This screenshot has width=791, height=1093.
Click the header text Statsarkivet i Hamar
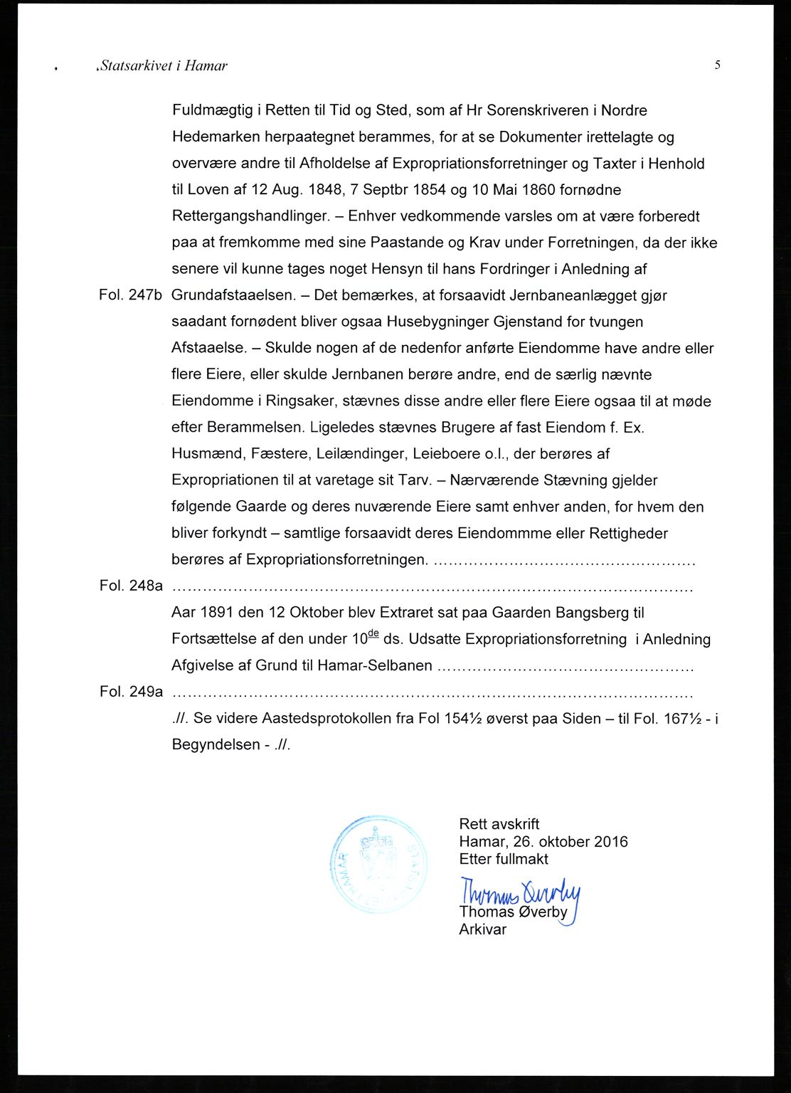coord(164,66)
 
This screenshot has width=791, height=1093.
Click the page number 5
coord(718,65)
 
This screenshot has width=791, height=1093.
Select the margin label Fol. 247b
coord(131,295)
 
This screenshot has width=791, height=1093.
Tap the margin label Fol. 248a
coord(131,586)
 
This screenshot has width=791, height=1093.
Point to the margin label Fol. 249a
coord(131,692)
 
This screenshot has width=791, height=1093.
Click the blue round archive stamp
coord(378,865)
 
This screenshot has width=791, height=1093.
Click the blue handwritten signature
coord(520,894)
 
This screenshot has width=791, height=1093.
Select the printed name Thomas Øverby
coord(513,912)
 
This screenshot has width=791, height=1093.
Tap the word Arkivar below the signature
coord(482,929)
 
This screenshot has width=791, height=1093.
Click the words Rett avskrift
coord(499,824)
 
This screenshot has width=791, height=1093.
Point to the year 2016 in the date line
coord(611,842)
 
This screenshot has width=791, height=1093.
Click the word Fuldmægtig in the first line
coord(213,111)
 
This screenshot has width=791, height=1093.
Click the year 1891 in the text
coord(217,613)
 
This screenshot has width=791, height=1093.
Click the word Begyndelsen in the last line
coord(216,745)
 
